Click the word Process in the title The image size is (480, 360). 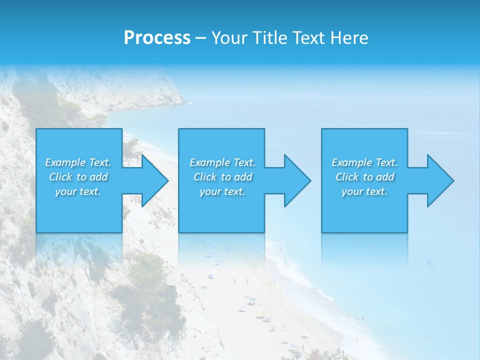point(157,38)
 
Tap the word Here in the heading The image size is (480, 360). point(350,38)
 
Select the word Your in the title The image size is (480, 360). point(231,38)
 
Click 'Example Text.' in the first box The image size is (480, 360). point(78,162)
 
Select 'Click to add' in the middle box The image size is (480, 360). point(222,177)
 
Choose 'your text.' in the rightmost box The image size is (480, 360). point(364,191)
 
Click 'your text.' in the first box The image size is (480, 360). point(78,191)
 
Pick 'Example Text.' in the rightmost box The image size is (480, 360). point(364,162)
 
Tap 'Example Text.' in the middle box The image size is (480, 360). point(222,162)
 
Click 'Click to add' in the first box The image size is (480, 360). point(78,177)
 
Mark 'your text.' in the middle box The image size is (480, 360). point(222,191)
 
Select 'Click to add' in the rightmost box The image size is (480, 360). point(364,177)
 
